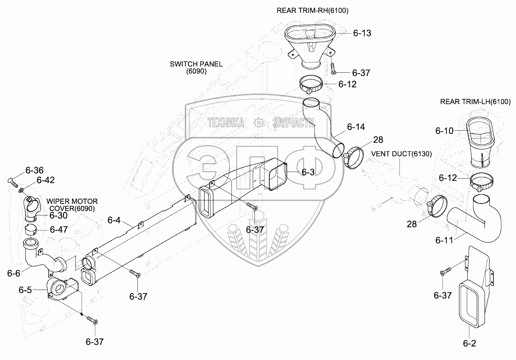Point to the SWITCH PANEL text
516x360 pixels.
point(196,64)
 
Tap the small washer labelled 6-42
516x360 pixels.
point(21,190)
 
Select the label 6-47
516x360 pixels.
point(59,229)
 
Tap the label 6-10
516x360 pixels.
point(444,131)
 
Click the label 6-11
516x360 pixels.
point(445,240)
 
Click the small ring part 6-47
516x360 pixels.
point(31,229)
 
